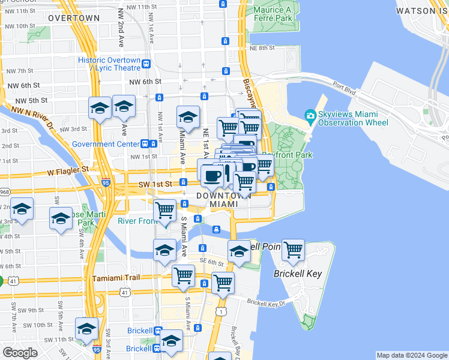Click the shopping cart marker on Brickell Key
pyautogui.click(x=293, y=250)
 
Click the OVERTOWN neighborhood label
pyautogui.click(x=74, y=18)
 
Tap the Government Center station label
pyautogui.click(x=105, y=144)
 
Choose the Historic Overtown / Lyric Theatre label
pyautogui.click(x=109, y=64)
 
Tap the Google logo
pyautogui.click(x=20, y=353)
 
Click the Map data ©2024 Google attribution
pyautogui.click(x=411, y=355)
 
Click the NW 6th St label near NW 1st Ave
pyautogui.click(x=145, y=82)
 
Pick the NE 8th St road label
pyautogui.click(x=262, y=48)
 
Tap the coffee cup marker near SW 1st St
pyautogui.click(x=211, y=175)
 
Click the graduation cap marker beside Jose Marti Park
pyautogui.click(x=61, y=219)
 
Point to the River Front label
pyautogui.click(x=137, y=221)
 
